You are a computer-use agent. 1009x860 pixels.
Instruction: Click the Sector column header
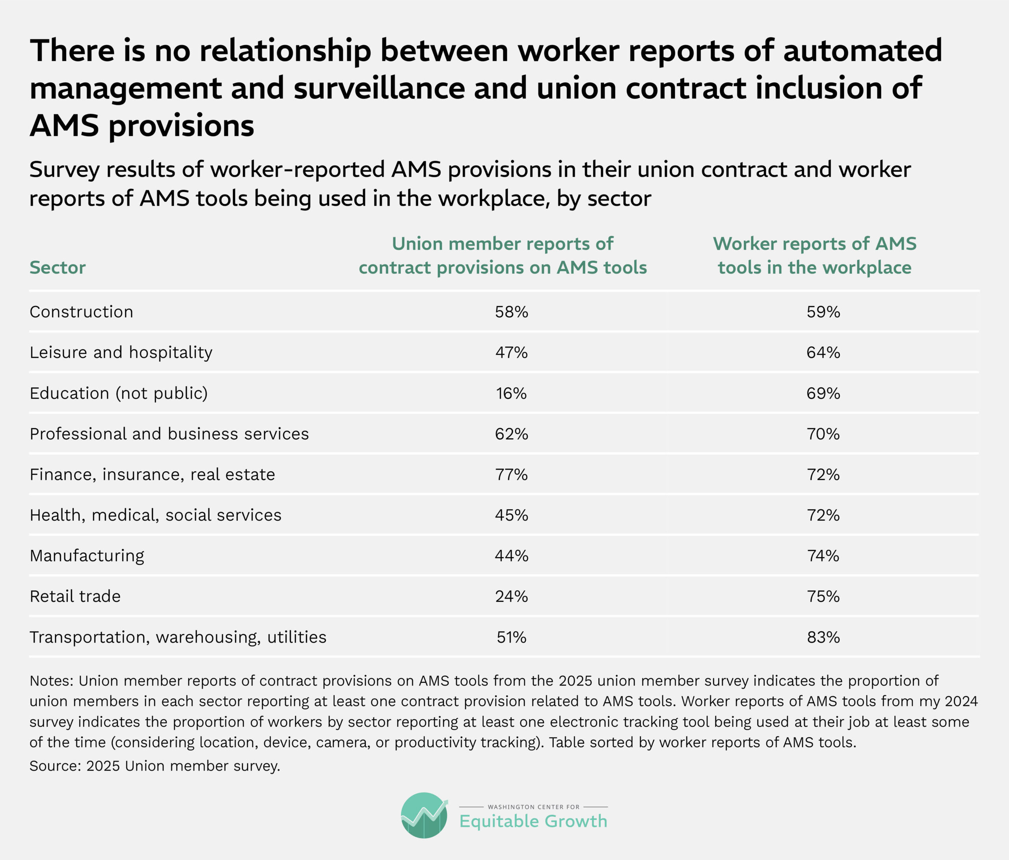(58, 267)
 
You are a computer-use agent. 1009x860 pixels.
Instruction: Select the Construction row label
(81, 312)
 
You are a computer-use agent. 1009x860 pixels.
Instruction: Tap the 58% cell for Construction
(511, 312)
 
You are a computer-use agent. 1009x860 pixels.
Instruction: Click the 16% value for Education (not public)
(511, 393)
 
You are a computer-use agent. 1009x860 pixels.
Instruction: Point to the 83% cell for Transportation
(823, 637)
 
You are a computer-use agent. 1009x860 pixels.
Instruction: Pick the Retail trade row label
(75, 596)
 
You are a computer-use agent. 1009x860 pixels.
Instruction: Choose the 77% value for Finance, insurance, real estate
(511, 475)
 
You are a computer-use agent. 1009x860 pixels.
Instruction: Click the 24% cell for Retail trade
(511, 596)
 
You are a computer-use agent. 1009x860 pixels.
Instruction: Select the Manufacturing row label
(87, 556)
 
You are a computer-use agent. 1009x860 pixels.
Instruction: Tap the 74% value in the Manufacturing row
(823, 556)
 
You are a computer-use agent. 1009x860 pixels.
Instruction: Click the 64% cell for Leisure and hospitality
(823, 352)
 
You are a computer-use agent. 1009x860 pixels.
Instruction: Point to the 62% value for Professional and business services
(511, 434)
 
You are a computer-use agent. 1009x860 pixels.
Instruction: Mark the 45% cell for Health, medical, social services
(511, 515)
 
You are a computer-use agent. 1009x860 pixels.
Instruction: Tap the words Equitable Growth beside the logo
(533, 821)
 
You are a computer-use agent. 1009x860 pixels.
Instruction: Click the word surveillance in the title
(379, 88)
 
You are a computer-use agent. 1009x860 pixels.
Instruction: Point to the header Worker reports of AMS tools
(815, 256)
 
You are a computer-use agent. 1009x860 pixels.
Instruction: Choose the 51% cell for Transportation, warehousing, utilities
(511, 637)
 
